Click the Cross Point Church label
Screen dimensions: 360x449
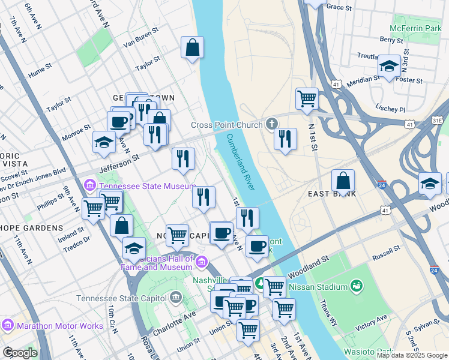227,125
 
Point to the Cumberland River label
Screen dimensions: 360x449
241,162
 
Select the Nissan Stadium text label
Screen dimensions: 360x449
318,286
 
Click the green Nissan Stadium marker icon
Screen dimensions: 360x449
357,286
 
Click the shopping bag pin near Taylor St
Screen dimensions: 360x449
192,47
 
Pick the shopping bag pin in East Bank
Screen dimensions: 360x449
343,181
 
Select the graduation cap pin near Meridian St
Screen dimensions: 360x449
390,67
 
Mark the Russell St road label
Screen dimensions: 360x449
386,249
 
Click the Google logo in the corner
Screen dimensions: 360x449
20,353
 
